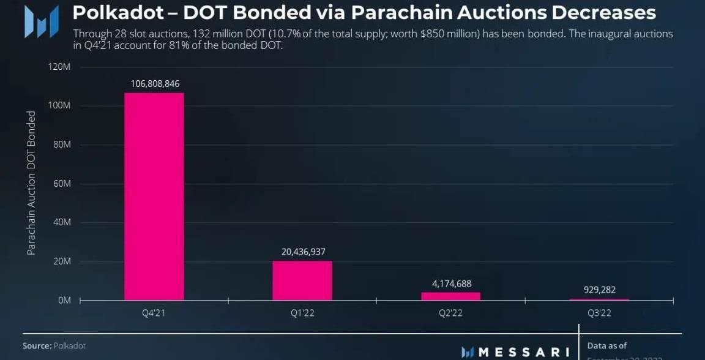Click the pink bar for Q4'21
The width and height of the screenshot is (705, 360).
pyautogui.click(x=154, y=196)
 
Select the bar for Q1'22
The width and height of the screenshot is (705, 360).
pyautogui.click(x=302, y=280)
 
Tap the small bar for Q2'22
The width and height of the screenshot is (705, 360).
pyautogui.click(x=450, y=296)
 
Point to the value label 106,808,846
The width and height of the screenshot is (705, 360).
pyautogui.click(x=155, y=83)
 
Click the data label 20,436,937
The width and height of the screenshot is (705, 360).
pyautogui.click(x=302, y=252)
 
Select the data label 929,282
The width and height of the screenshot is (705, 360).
pyautogui.click(x=600, y=290)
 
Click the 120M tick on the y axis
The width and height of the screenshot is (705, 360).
pyautogui.click(x=59, y=67)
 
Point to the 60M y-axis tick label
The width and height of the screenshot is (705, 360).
pyautogui.click(x=61, y=184)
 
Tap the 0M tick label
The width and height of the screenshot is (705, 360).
pyautogui.click(x=64, y=301)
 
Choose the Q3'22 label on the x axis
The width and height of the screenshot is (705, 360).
pyautogui.click(x=599, y=313)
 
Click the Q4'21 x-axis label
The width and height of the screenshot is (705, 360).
pyautogui.click(x=154, y=313)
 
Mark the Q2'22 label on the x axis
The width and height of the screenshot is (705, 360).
pyautogui.click(x=451, y=313)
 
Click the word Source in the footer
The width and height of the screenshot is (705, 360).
pyautogui.click(x=37, y=346)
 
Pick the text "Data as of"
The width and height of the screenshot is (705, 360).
pyautogui.click(x=607, y=346)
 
